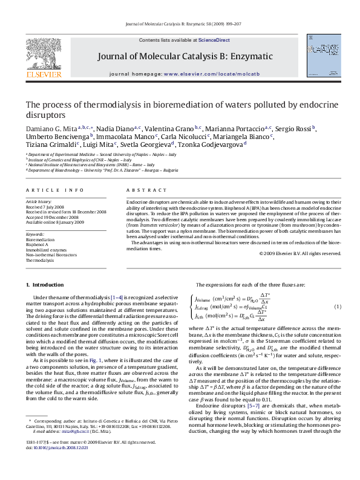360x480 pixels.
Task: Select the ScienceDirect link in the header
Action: click(x=215, y=40)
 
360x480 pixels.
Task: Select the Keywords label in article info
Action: click(x=35, y=234)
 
